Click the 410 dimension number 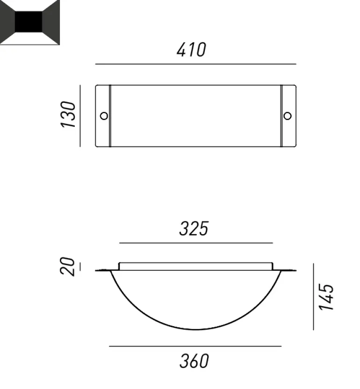[191, 50]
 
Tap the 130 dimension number [68, 115]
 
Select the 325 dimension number [194, 229]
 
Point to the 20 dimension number [67, 266]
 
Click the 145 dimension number [326, 297]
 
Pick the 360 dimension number [194, 361]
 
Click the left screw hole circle [104, 116]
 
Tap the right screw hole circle [288, 116]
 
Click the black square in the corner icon [29, 22]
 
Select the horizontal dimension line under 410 [196, 64]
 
